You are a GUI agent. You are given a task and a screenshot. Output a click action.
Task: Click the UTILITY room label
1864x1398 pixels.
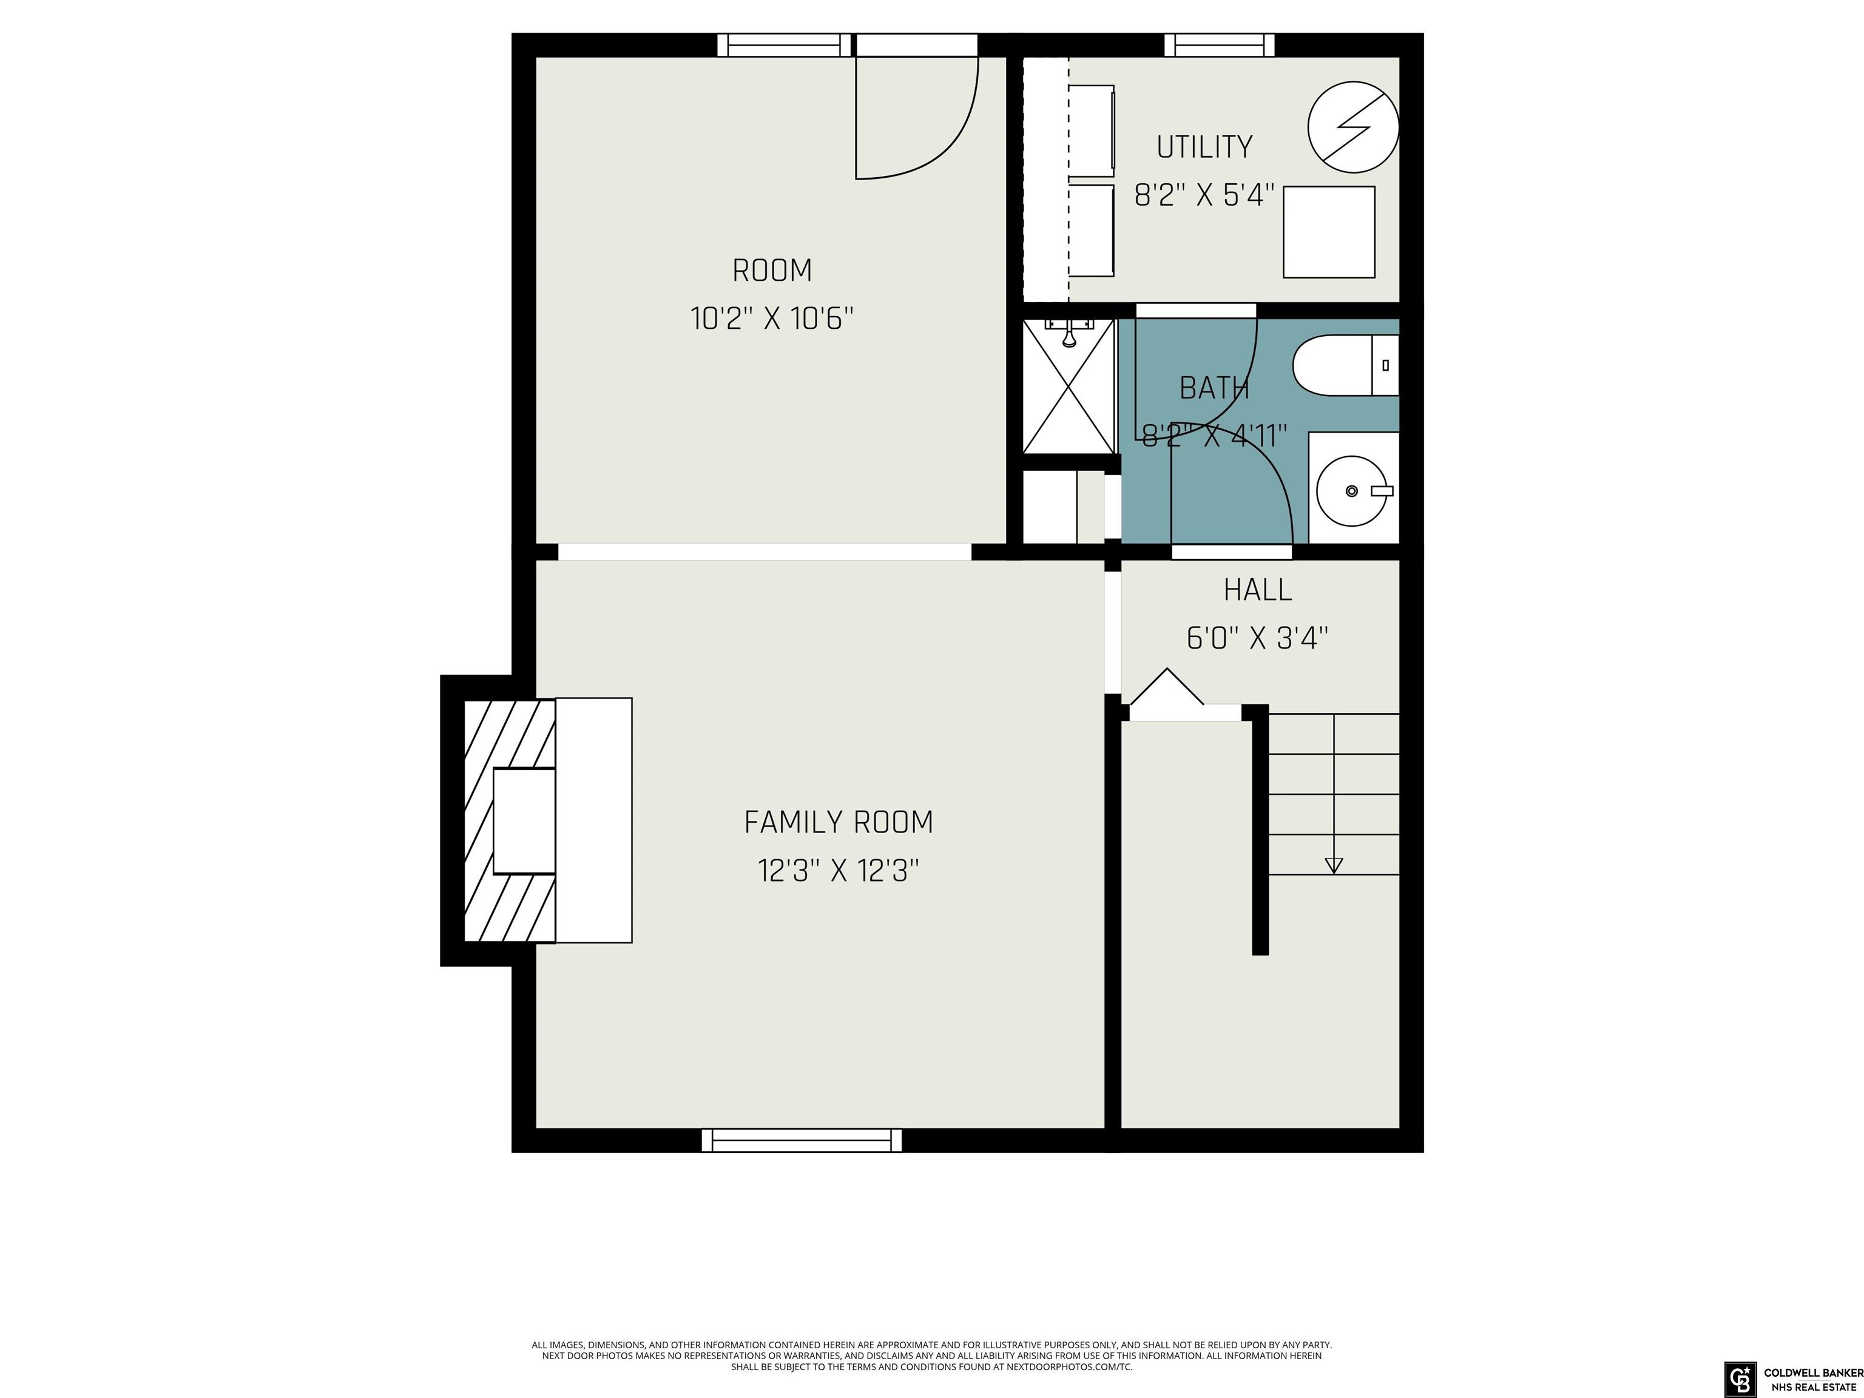coord(1204,147)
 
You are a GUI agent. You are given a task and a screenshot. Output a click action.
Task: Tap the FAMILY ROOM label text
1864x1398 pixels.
coord(839,822)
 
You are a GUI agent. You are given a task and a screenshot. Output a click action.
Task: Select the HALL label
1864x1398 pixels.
coord(1257,590)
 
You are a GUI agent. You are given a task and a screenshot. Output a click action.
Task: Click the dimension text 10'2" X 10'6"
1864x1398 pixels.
coord(772,319)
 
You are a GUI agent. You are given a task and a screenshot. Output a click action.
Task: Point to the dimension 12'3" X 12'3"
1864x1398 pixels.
coord(839,871)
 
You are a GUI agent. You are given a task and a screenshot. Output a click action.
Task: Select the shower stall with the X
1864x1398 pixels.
coord(1069,386)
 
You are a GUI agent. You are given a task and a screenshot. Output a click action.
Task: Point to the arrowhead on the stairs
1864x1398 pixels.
coord(1333,865)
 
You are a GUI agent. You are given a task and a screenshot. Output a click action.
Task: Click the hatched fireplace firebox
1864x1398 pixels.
coord(510,820)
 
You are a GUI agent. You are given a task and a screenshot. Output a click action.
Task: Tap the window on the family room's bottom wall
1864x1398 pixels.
coord(802,1140)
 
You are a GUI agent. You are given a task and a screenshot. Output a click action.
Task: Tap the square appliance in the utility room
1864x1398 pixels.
coord(1329,232)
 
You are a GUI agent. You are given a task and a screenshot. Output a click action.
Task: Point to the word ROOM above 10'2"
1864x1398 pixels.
coord(772,271)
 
